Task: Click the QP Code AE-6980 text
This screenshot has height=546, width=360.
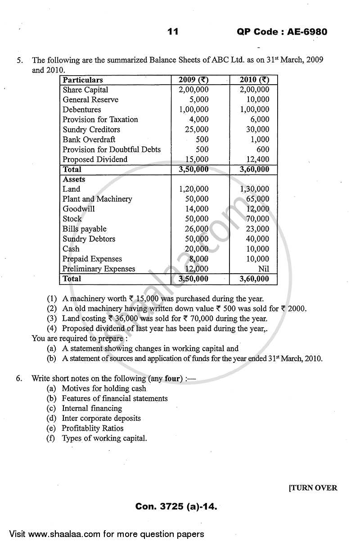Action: [282, 32]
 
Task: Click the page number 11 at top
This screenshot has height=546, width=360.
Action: [173, 32]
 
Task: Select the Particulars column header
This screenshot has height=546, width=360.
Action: [83, 80]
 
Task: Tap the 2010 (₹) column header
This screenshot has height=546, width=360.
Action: [254, 80]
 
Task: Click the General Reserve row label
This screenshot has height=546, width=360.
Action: [90, 99]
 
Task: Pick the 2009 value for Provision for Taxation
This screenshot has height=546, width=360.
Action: [198, 119]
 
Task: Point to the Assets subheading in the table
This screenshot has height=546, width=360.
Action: [74, 179]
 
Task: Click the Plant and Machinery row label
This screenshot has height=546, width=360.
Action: [97, 199]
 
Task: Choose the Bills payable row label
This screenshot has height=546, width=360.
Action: [85, 229]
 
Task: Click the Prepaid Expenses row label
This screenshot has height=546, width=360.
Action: [92, 259]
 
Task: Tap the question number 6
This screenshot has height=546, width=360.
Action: [19, 379]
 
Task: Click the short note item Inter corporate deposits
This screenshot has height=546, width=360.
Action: [101, 418]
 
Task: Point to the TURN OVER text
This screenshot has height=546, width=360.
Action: [313, 488]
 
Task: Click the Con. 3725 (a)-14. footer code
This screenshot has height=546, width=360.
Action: [176, 507]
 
